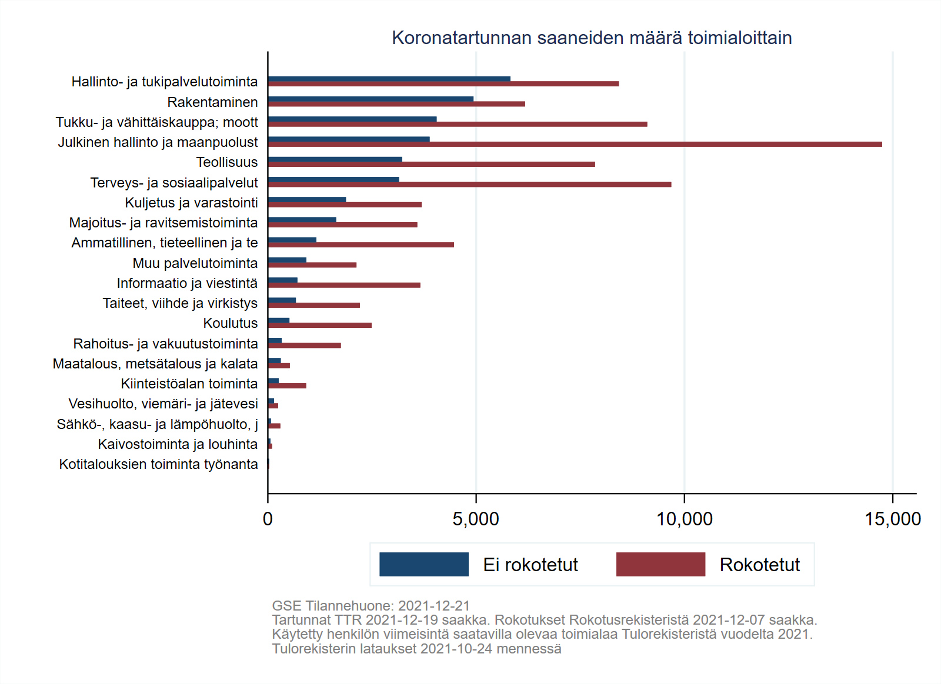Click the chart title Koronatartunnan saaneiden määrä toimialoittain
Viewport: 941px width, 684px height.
point(592,38)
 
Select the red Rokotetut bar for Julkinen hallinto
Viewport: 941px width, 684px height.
point(575,144)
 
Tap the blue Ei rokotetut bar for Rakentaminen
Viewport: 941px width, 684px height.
point(371,99)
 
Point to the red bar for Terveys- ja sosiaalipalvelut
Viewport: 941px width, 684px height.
point(469,185)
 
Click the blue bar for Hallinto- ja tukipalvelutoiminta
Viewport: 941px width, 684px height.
point(389,79)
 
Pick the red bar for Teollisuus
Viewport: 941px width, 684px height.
point(431,165)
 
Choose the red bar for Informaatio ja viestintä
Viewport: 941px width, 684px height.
point(344,285)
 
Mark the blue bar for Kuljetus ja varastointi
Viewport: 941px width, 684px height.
point(307,200)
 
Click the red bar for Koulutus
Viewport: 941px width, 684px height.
point(319,325)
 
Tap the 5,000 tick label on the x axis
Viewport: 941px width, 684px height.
point(475,519)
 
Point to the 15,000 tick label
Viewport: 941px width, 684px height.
point(892,519)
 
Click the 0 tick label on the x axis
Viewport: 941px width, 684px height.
point(268,519)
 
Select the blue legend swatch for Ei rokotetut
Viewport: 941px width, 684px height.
point(423,564)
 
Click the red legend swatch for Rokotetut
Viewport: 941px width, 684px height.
point(660,564)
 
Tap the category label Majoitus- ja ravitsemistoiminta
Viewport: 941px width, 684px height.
point(163,223)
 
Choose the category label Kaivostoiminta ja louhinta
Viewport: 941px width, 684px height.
point(178,444)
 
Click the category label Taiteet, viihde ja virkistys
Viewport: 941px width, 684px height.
point(180,303)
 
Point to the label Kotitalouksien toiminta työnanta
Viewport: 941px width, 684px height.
point(158,464)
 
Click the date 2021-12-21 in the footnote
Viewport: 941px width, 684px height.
point(434,606)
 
